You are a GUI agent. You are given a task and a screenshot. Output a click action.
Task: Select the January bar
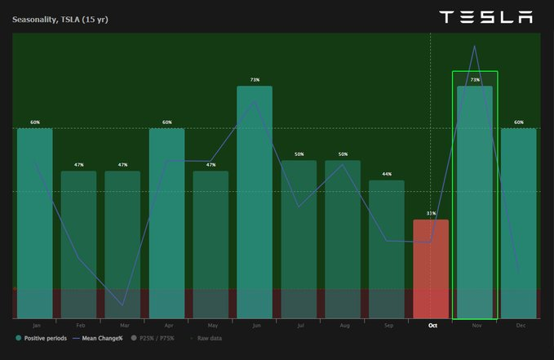click(x=35, y=220)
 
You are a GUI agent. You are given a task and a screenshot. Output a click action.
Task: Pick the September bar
click(x=387, y=249)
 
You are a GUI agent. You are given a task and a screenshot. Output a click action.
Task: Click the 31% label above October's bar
click(x=431, y=214)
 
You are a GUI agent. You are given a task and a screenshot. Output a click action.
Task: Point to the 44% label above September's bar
click(x=387, y=175)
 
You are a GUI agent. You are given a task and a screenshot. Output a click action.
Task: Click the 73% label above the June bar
click(x=255, y=80)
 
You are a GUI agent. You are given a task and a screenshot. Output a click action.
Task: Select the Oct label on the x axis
click(x=432, y=326)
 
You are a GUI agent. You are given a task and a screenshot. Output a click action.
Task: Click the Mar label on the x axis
click(x=122, y=326)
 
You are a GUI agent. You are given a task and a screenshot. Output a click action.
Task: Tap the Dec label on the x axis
click(x=520, y=326)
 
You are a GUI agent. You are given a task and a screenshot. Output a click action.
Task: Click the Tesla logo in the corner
click(x=485, y=17)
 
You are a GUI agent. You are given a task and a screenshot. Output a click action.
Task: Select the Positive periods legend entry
click(x=41, y=338)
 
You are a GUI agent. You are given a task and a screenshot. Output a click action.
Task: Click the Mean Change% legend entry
click(x=98, y=338)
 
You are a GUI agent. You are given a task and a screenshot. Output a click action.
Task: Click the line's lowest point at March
click(x=123, y=305)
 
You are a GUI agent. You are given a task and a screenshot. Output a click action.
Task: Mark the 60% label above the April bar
click(x=167, y=122)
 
